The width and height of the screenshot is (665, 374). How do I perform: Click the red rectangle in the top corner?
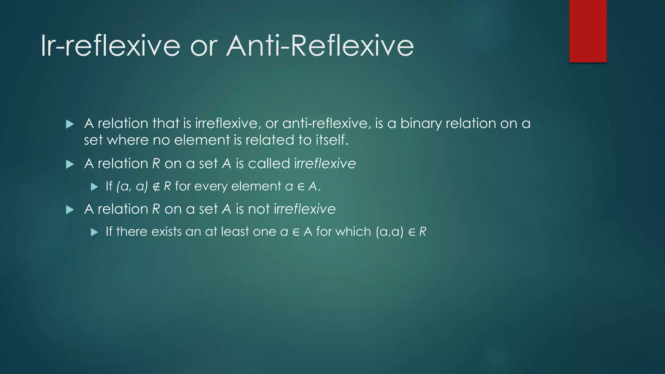[x=588, y=31]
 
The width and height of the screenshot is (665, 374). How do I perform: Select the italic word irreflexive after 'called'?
[x=325, y=163]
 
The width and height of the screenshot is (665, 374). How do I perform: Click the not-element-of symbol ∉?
[x=156, y=187]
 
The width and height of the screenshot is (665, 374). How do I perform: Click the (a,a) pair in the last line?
[x=389, y=232]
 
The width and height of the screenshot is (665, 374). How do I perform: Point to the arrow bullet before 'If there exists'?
[x=94, y=232]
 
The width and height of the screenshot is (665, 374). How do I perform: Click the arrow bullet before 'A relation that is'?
[x=70, y=124]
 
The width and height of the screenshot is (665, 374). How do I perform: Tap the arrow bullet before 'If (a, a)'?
[x=94, y=187]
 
